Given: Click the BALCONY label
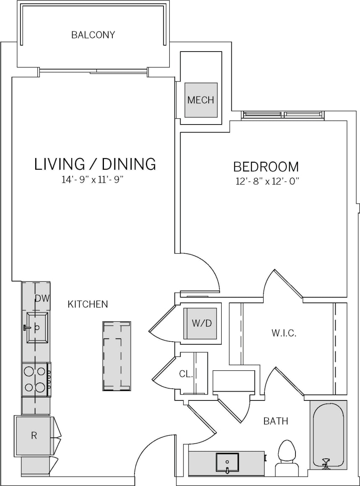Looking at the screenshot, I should click(x=93, y=35).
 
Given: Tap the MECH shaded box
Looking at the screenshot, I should click(x=201, y=100).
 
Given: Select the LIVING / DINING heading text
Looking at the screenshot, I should click(x=95, y=164).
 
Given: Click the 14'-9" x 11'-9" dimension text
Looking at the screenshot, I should click(x=93, y=180).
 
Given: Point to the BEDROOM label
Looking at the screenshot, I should click(x=266, y=167).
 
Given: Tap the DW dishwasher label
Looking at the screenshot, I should click(x=42, y=299).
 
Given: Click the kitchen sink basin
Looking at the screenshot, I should click(x=37, y=327).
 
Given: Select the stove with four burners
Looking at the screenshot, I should click(x=36, y=379).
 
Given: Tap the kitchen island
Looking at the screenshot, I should click(x=117, y=356).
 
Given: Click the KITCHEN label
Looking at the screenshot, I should click(x=88, y=304).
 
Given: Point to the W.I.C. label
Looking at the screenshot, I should click(x=284, y=333).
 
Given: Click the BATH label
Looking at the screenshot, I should click(x=275, y=421).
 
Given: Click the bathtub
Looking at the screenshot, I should click(x=329, y=434).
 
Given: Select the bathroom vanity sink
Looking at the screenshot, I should click(x=227, y=463).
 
